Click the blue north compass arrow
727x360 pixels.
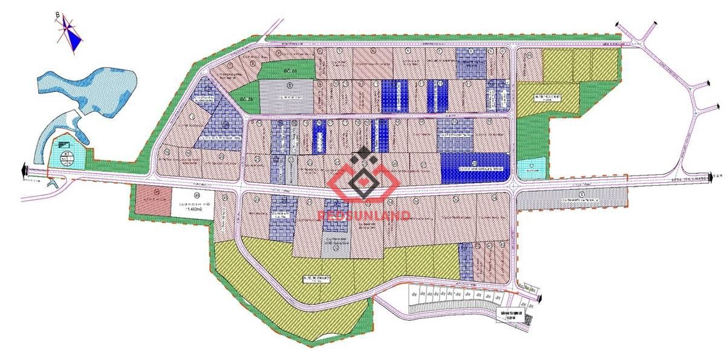(x=73, y=40)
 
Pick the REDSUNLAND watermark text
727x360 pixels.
(x=365, y=215)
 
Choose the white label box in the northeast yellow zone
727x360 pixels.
(x=547, y=97)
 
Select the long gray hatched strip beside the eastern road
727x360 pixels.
(x=572, y=197)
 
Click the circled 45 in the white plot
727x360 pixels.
(x=196, y=195)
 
